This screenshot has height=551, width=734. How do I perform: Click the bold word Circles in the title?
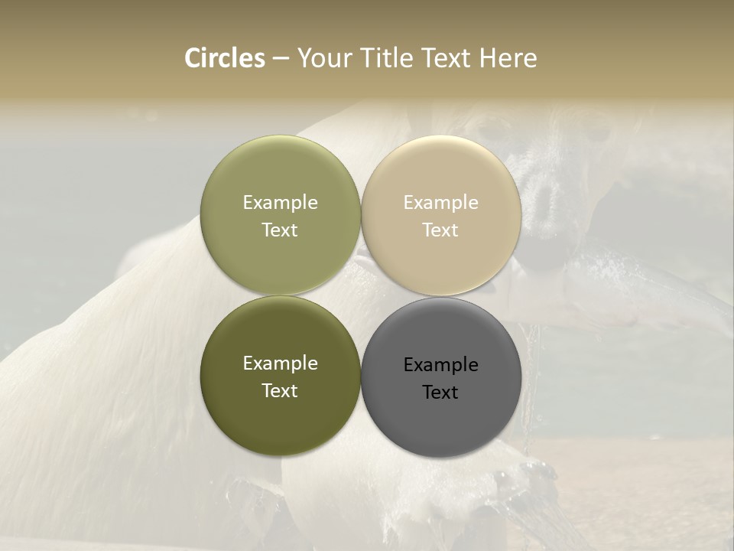pos(225,58)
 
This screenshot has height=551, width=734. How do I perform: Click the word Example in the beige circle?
pos(440,203)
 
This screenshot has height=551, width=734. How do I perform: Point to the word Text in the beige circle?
pos(440,230)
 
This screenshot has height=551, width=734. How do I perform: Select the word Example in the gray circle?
pos(440,365)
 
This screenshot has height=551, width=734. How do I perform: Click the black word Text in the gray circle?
pos(440,393)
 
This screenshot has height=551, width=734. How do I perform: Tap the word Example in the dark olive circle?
pos(280,364)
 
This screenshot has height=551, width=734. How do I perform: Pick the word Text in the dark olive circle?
pos(280,391)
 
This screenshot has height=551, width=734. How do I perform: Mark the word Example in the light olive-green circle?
pos(280,203)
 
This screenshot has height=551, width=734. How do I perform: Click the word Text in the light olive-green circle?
pos(280,230)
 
